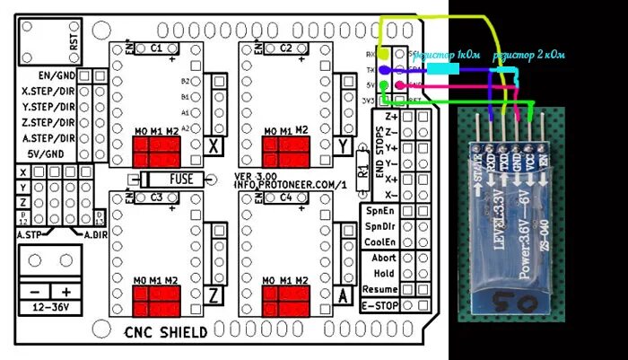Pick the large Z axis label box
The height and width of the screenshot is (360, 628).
[214, 295]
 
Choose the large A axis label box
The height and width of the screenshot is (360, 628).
[342, 295]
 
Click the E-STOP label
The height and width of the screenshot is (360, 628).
[379, 307]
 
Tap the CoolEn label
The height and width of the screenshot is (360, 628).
[379, 241]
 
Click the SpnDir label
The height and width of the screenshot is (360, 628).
[379, 225]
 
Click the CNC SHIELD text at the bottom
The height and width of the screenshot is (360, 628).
[166, 332]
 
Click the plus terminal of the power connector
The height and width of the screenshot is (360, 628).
[65, 291]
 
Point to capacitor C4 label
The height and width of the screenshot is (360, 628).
[285, 197]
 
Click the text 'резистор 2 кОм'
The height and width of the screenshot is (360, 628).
[529, 56]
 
